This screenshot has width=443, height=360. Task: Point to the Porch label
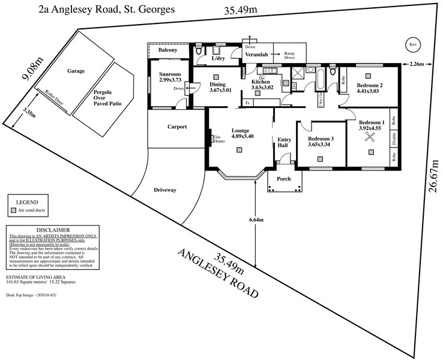pos(283,179)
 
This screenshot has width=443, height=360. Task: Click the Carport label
pos(177,127)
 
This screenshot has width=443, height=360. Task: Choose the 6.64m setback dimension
pos(256,220)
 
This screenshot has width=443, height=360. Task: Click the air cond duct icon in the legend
pos(13,211)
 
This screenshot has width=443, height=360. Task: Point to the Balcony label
pos(167,50)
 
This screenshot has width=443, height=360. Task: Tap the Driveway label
pos(165,190)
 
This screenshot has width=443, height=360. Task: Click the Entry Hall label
pos(284,143)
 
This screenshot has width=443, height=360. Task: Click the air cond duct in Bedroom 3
pos(320,159)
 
